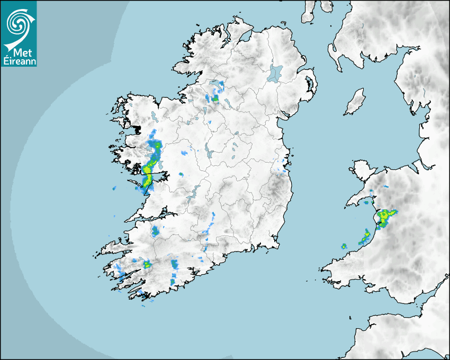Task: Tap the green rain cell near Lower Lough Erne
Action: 215,98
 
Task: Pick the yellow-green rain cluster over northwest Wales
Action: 386,215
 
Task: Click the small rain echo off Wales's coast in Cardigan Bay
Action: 344,246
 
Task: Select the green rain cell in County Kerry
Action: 147,264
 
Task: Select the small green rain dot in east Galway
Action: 181,174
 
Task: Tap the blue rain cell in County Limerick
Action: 155,231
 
